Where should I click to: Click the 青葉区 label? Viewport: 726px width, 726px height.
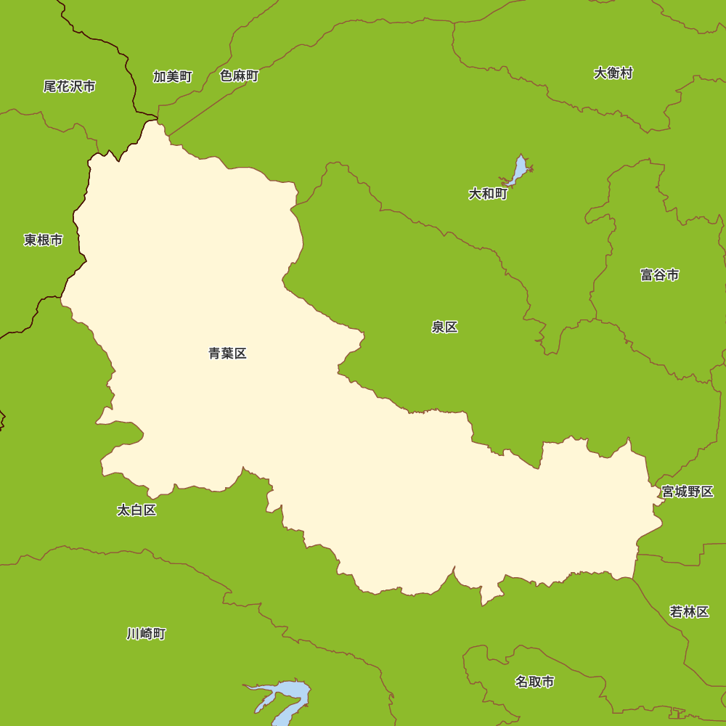click(x=227, y=354)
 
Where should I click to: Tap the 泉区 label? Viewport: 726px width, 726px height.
click(x=444, y=327)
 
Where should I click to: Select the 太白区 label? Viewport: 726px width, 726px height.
click(x=136, y=510)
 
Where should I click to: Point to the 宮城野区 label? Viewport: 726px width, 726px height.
click(x=688, y=492)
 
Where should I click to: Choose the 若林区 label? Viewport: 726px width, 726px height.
click(x=689, y=611)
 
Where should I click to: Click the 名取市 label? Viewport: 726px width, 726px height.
click(x=534, y=682)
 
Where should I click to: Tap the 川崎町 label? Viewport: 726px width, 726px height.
click(x=146, y=634)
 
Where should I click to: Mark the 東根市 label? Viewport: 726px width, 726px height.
click(x=43, y=240)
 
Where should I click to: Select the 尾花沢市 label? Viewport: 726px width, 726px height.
click(x=69, y=86)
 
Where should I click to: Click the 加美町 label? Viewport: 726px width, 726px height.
click(x=172, y=76)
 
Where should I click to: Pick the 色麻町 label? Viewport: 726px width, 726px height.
click(x=239, y=76)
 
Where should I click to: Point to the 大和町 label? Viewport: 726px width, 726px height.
click(x=488, y=194)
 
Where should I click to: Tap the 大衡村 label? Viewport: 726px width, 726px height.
click(x=613, y=73)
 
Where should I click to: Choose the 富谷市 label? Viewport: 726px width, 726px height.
click(x=659, y=274)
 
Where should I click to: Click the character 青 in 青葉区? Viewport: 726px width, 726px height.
click(x=215, y=354)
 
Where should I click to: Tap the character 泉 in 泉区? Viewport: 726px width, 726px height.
click(x=438, y=327)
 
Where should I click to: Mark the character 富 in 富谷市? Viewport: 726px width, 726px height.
click(x=647, y=274)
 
